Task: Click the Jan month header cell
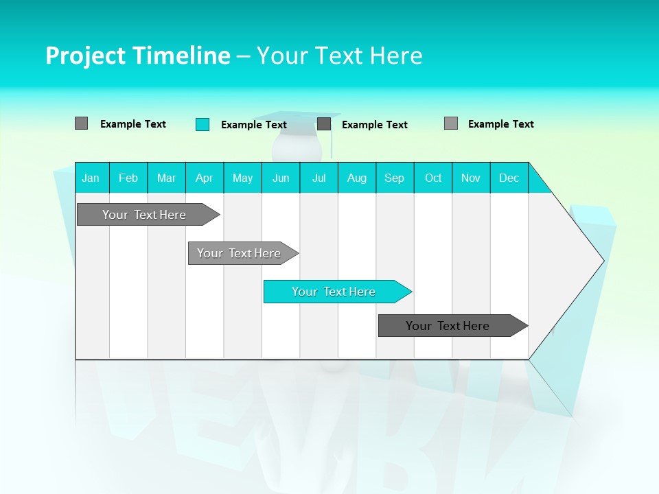coord(91,178)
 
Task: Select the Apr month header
coord(205,178)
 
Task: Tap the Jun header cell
coord(281,178)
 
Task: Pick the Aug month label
coord(357,178)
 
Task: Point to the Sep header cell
coord(395,178)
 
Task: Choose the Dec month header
coord(509,178)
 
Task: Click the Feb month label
coord(128,178)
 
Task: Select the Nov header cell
coord(471,178)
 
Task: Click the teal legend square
coord(203,124)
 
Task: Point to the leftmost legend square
coord(82,123)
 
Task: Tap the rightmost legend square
coord(451,123)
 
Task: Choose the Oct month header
coord(433,178)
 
